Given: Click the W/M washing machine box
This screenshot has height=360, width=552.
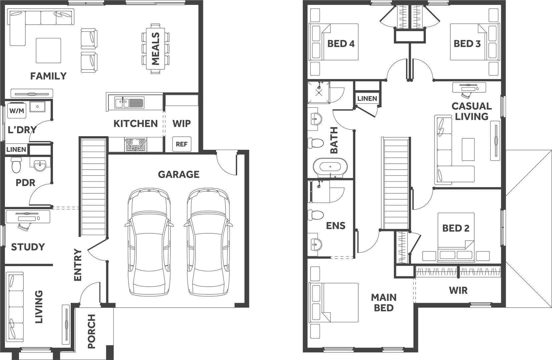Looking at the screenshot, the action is (x=17, y=111).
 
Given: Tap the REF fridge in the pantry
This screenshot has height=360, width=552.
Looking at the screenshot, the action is (x=182, y=144).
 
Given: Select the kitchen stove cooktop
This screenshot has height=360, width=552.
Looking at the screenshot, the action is (x=135, y=145).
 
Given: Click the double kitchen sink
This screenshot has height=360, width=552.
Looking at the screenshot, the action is (x=129, y=103).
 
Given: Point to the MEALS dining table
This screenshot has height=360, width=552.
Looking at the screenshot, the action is (x=155, y=49).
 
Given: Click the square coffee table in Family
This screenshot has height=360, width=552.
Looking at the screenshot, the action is (x=48, y=50).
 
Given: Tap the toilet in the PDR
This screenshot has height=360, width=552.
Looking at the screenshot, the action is (x=16, y=164).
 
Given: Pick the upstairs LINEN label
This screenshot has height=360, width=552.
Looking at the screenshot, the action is (x=367, y=98).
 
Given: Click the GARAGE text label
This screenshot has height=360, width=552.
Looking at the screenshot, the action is (x=178, y=174).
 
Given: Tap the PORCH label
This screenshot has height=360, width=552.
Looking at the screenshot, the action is (x=91, y=331).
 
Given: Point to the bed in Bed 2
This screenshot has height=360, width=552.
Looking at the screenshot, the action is (x=456, y=237).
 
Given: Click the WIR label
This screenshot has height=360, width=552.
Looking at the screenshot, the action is (x=458, y=291).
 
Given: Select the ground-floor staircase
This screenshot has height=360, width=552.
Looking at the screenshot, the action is (x=93, y=187).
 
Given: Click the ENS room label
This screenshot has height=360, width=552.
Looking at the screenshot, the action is (x=336, y=226).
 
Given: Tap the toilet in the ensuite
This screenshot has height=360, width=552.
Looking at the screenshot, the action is (x=316, y=215).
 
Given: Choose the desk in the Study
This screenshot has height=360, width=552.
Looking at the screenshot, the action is (x=28, y=217).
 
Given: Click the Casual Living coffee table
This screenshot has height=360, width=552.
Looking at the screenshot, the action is (x=468, y=149).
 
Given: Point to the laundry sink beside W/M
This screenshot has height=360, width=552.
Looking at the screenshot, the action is (x=37, y=106).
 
